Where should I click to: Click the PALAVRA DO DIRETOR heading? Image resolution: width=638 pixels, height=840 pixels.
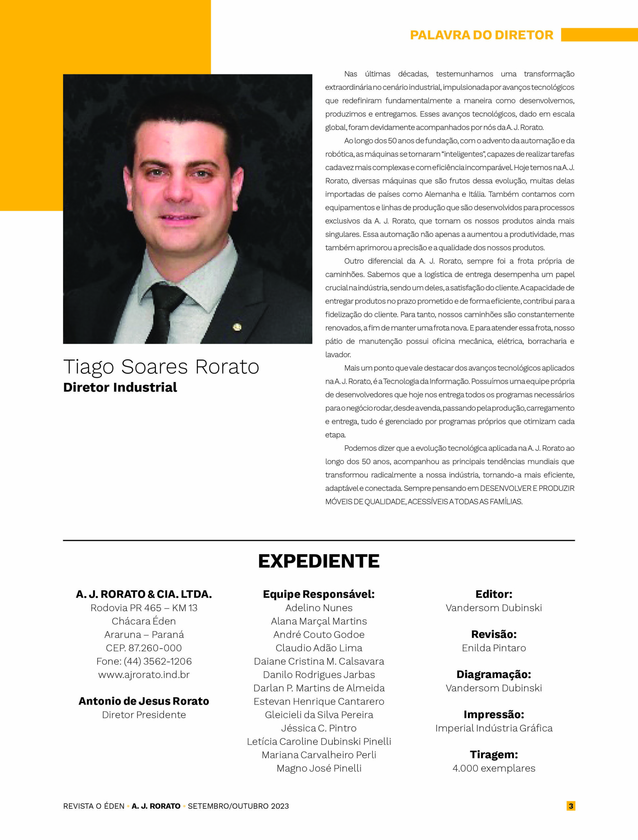coord(481,35)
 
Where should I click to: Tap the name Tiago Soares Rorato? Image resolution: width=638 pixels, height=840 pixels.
coord(161,367)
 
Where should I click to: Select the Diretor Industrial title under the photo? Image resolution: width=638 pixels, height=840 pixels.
coord(120,387)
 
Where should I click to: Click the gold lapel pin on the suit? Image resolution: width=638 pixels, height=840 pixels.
coord(237,326)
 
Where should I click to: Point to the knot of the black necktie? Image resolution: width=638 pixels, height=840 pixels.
coord(167,294)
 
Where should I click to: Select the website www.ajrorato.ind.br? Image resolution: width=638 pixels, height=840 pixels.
coord(144,675)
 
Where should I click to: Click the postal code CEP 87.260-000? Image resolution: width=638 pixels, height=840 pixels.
coord(144,648)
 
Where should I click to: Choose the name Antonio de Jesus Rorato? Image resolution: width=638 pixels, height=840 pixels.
coord(144,701)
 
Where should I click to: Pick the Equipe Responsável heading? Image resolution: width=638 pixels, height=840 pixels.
coord(319,594)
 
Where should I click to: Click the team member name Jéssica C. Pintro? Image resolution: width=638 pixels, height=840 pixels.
coord(319,728)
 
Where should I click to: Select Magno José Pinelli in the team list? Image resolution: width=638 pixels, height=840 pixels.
coord(319,768)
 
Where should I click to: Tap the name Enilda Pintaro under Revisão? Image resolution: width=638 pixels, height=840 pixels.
coord(494,648)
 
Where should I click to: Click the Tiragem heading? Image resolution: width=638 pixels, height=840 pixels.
coord(494,755)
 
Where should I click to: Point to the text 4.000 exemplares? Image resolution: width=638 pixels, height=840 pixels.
coord(494,768)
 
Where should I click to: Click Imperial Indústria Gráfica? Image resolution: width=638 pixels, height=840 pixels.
coord(494,728)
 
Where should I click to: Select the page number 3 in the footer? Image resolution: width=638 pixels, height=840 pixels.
coord(570,806)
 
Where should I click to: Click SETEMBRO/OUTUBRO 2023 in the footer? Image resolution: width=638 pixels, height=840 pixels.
coord(238,806)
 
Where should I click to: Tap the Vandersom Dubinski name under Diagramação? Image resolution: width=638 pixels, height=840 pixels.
coord(494,688)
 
